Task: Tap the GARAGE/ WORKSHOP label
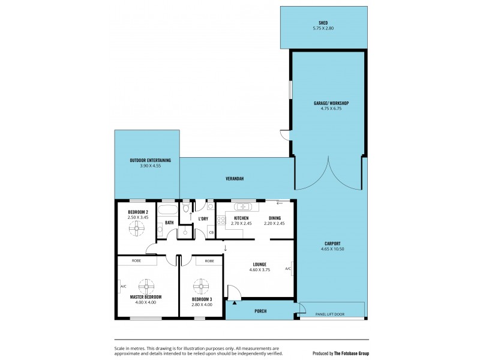tap(331, 103)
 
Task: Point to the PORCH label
tap(260, 311)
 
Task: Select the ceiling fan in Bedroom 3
tap(201, 282)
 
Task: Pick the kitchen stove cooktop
tap(220, 225)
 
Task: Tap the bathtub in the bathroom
tap(168, 210)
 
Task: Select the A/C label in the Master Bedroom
tap(123, 286)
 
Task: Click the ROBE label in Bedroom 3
tap(209, 261)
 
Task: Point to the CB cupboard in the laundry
tap(211, 232)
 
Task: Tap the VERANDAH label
tap(234, 179)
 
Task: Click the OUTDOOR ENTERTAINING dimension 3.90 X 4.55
tap(150, 165)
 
